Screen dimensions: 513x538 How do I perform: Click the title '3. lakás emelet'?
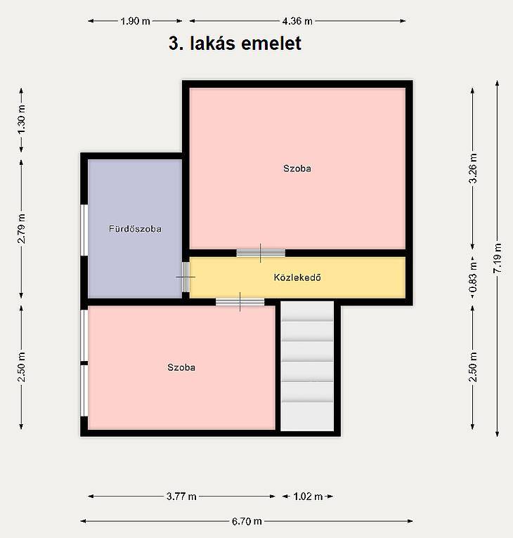pyautogui.click(x=235, y=44)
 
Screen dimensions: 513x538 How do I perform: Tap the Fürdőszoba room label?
pyautogui.click(x=135, y=229)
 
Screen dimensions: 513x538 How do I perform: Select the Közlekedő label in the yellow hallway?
pyautogui.click(x=297, y=277)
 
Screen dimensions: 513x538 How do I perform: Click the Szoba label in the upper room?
pyautogui.click(x=297, y=169)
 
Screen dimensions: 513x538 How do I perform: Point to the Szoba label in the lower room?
pyautogui.click(x=181, y=367)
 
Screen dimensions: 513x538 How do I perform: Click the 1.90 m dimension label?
pyautogui.click(x=136, y=21)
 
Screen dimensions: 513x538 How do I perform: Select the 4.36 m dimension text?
pyautogui.click(x=297, y=21)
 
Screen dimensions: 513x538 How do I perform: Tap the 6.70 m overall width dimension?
pyautogui.click(x=247, y=522)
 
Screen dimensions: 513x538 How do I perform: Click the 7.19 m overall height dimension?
pyautogui.click(x=498, y=258)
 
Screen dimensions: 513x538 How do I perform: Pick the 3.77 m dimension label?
pyautogui.click(x=181, y=497)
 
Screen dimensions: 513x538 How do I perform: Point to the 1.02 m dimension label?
pyautogui.click(x=308, y=497)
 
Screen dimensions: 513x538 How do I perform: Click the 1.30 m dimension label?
pyautogui.click(x=21, y=119)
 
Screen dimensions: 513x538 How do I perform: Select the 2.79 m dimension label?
pyautogui.click(x=21, y=228)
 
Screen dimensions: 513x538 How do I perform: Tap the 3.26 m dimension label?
pyautogui.click(x=473, y=169)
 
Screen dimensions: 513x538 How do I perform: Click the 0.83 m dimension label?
pyautogui.click(x=473, y=277)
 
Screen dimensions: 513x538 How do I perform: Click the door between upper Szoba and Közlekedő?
pyautogui.click(x=261, y=254)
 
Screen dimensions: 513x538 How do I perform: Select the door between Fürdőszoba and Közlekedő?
pyautogui.click(x=186, y=277)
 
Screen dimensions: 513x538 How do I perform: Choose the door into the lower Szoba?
pyautogui.click(x=240, y=302)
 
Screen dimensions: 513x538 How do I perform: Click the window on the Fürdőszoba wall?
pyautogui.click(x=84, y=230)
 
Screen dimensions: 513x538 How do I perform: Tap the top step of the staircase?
pyautogui.click(x=307, y=311)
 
